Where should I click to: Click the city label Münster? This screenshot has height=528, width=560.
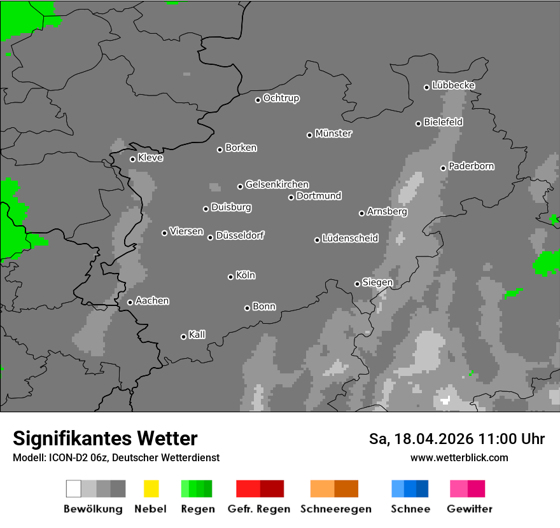click(333, 134)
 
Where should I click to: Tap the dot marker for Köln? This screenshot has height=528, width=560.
click(230, 277)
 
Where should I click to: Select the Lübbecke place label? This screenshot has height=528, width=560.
click(453, 85)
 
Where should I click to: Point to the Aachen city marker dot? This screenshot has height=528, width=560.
click(130, 302)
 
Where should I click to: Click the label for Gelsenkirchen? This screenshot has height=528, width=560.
click(277, 184)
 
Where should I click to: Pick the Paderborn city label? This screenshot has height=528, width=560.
click(471, 166)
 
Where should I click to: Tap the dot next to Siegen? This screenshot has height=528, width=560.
click(357, 284)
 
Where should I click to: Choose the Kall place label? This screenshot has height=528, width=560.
click(197, 335)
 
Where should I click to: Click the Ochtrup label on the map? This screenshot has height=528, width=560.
click(281, 98)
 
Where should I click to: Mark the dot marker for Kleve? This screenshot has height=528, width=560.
click(132, 159)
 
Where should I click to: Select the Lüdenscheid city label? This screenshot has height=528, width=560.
click(350, 239)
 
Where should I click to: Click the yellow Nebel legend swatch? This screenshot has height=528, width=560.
click(151, 489)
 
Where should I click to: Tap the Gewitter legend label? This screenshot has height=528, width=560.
click(470, 509)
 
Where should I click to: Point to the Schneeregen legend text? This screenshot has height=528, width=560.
click(335, 509)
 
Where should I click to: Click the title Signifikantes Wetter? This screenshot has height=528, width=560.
click(105, 438)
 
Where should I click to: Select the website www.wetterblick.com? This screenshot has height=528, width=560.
click(459, 457)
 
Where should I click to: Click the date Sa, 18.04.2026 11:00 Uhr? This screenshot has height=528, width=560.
click(457, 439)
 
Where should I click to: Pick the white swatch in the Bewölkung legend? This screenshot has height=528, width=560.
click(74, 489)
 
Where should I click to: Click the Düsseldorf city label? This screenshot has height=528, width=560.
click(240, 235)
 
